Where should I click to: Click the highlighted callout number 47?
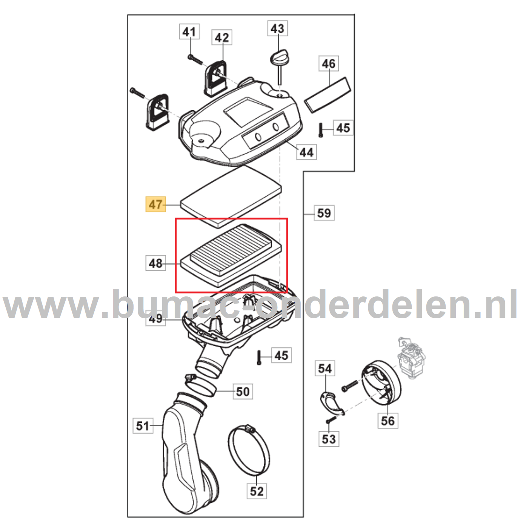point(156,204)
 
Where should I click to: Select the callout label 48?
point(156,263)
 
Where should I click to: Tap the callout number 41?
point(189,32)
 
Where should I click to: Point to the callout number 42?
point(222,37)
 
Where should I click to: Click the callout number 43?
point(278,28)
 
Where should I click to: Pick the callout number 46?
point(329,63)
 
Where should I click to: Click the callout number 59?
point(324,213)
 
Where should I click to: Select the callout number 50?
point(243,391)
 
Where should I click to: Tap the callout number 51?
point(143,426)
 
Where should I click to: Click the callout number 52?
point(257,491)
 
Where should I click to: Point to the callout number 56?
point(388,421)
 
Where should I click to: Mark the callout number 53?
point(329,439)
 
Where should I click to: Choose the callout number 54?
point(325,368)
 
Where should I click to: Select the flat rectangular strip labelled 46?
point(328,94)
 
